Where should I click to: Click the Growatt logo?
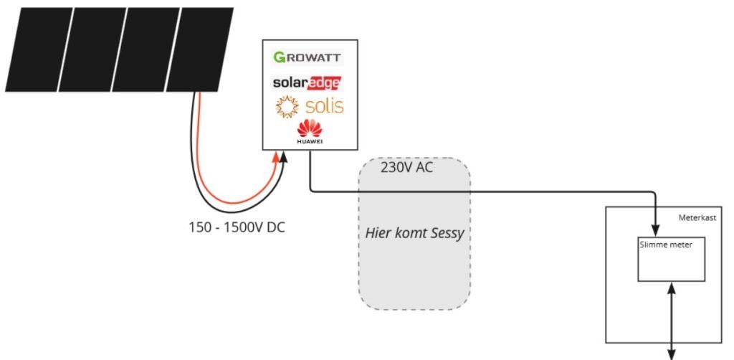click(308, 57)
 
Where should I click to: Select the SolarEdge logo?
click(307, 83)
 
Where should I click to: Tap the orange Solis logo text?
click(324, 107)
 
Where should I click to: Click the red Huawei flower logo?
click(310, 129)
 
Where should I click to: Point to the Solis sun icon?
click(287, 107)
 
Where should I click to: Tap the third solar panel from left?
click(149, 49)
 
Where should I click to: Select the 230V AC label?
click(406, 167)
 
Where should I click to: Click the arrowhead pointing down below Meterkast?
click(672, 352)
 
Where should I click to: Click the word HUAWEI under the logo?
click(310, 142)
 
